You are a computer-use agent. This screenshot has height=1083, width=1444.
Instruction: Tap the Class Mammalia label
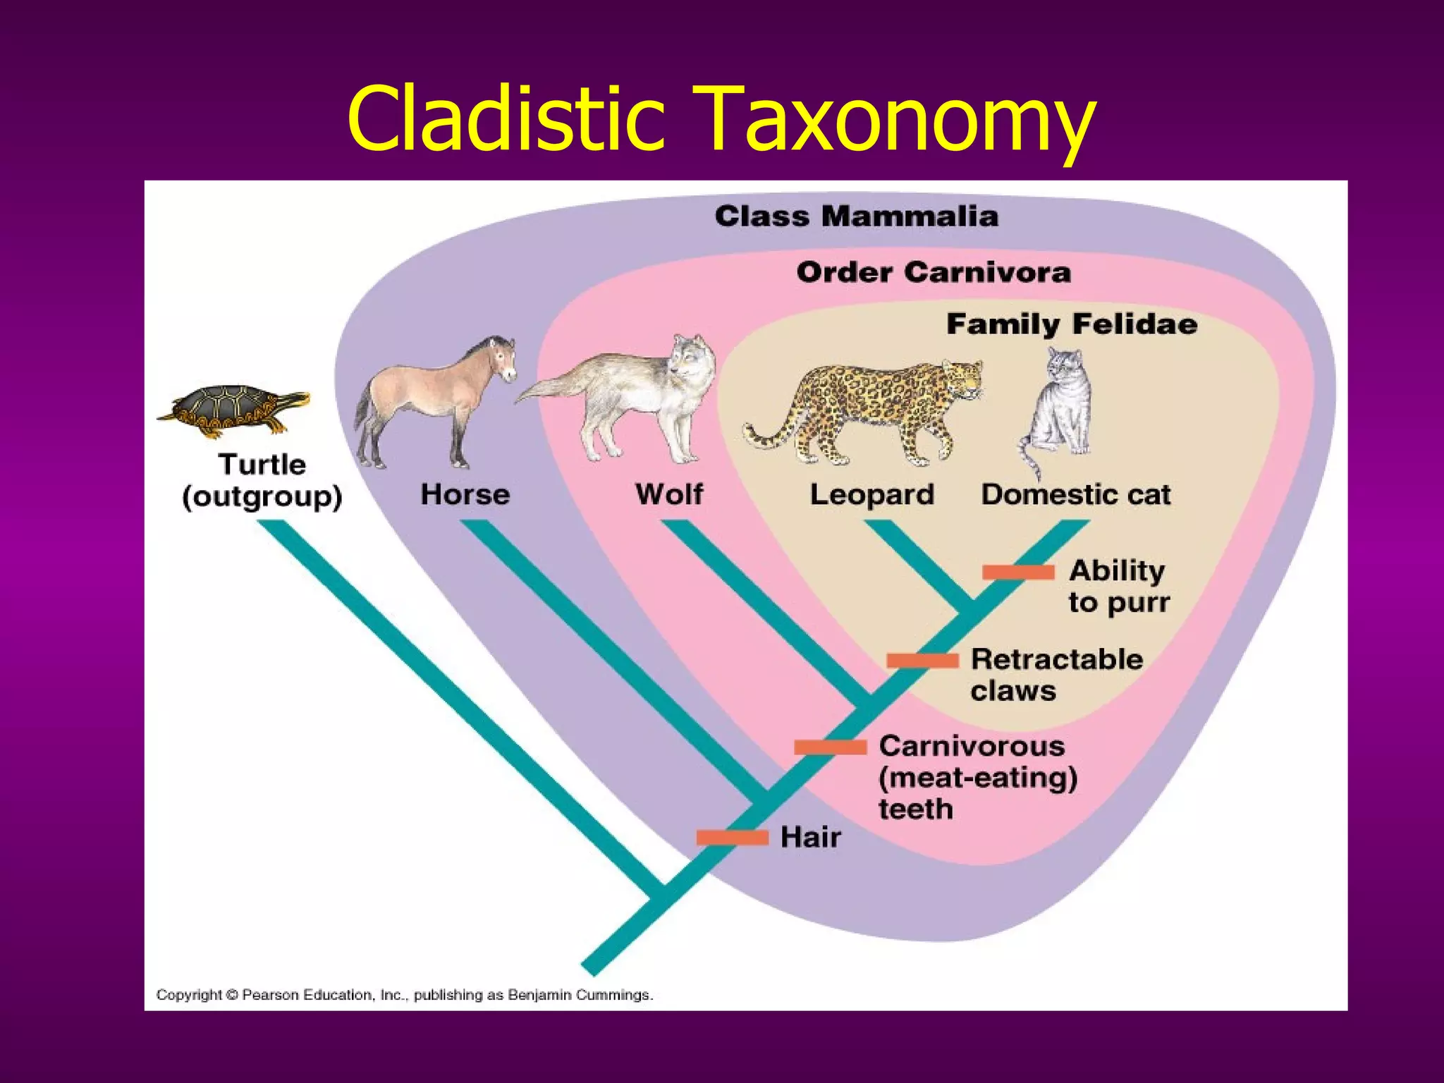(856, 216)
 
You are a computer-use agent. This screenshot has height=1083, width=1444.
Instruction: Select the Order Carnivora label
(933, 272)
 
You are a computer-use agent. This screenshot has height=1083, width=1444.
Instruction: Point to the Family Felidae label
(1071, 324)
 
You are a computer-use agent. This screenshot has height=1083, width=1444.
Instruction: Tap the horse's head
(501, 356)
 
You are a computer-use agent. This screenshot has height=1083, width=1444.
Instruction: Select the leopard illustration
(867, 409)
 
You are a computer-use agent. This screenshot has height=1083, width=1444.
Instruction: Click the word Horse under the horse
(465, 494)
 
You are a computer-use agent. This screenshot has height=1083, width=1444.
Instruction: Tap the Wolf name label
(668, 494)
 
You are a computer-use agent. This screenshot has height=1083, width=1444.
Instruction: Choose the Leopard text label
(871, 495)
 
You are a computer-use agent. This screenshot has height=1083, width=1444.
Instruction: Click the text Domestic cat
(1075, 495)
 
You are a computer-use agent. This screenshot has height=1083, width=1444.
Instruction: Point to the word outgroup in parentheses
(262, 497)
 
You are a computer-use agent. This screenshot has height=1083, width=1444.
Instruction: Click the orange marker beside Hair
(732, 838)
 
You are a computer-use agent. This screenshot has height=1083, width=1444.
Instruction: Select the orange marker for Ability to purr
(1018, 572)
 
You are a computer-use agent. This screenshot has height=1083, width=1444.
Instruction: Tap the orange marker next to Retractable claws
(922, 661)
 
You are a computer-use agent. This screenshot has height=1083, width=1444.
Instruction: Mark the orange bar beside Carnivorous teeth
(830, 747)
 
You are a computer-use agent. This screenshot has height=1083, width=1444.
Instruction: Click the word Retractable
(1056, 659)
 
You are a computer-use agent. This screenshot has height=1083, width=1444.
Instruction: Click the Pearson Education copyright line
(404, 995)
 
